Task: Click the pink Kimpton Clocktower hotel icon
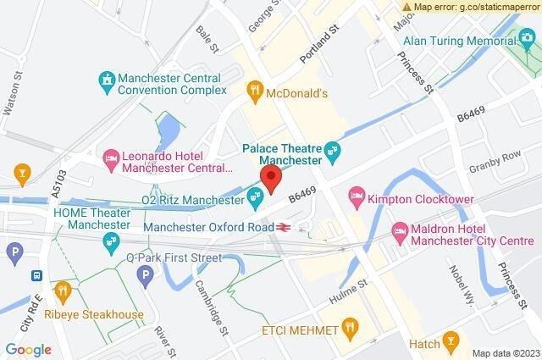356,197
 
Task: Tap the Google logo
28,349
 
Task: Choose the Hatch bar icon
454,343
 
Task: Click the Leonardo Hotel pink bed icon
111,158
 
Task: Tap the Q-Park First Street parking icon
146,274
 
